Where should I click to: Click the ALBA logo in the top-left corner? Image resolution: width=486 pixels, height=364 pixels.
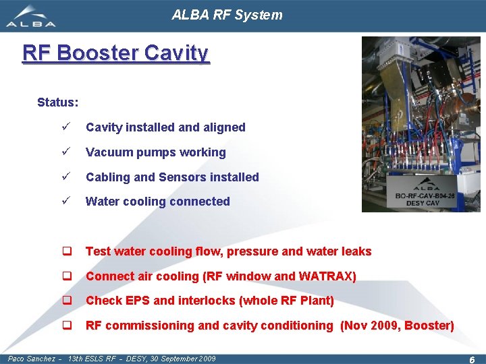(x=31, y=16)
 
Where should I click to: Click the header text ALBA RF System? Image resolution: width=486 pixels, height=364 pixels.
(x=227, y=15)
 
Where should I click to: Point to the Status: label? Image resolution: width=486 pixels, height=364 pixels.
(x=57, y=102)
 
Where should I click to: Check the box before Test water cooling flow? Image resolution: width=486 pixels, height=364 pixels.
(x=67, y=251)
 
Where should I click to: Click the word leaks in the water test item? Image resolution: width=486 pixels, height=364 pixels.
(x=356, y=251)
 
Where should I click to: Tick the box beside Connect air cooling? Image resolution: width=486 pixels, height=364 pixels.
(x=67, y=276)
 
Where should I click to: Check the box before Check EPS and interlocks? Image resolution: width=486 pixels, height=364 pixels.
(x=67, y=301)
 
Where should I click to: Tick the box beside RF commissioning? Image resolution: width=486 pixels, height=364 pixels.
(x=67, y=326)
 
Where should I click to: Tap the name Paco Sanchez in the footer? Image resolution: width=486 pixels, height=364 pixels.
(x=32, y=359)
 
